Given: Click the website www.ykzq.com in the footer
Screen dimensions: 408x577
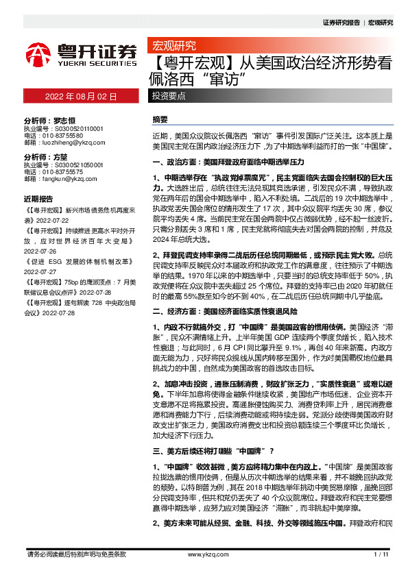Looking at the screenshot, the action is (203, 554).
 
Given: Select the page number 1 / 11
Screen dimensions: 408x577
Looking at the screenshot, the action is (382, 554).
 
